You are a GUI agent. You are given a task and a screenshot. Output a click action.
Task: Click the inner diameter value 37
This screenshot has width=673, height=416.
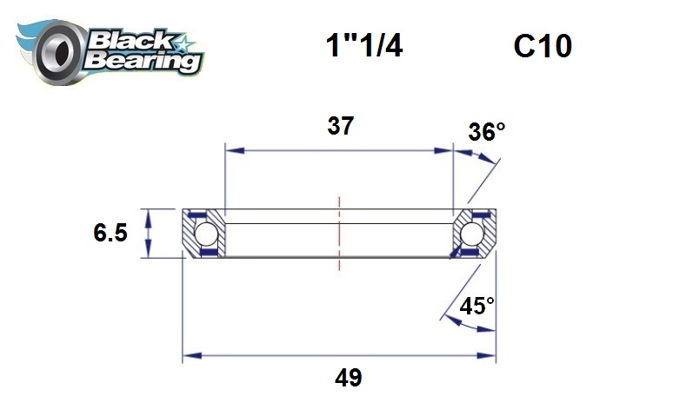340,126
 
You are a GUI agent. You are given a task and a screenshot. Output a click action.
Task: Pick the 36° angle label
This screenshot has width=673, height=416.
486,132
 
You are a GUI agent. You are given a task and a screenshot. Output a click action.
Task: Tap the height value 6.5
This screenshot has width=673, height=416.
111,234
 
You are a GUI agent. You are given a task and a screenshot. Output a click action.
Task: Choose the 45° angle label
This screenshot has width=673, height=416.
477,306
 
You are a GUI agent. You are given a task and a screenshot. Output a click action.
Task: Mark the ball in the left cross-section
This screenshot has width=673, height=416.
205,234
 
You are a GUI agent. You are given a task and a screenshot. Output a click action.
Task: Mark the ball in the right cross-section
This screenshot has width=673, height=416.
474,234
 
